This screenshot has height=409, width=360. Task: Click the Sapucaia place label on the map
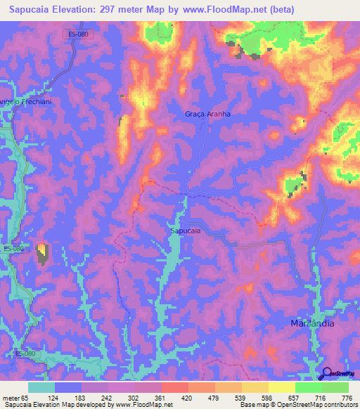[185, 230]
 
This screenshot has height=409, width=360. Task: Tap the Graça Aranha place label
[207, 114]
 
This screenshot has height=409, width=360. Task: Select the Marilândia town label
[312, 324]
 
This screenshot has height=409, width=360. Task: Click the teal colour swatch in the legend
[41, 387]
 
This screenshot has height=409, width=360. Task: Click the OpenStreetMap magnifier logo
[326, 374]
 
